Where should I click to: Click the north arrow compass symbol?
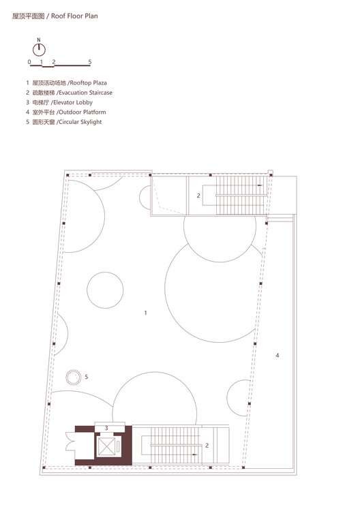point(40,49)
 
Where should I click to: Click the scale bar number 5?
point(90,62)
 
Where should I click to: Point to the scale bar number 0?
point(29,62)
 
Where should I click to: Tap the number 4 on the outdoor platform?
point(277,355)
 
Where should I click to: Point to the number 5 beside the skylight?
point(86,376)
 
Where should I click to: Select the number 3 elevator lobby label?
point(106,428)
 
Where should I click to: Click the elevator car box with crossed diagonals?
point(108,446)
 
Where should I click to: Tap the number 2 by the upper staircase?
point(198,196)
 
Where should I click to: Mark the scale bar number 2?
point(54,62)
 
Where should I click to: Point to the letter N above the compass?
point(40,39)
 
